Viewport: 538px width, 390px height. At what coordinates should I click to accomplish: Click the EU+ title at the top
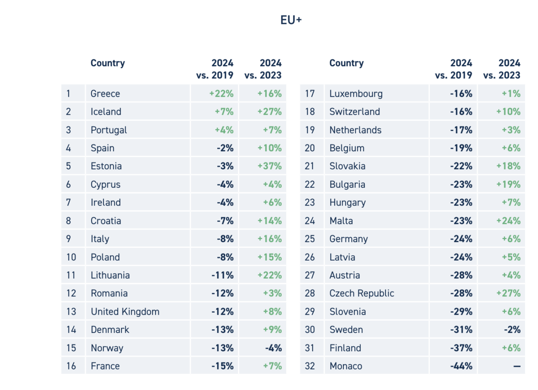[291, 20]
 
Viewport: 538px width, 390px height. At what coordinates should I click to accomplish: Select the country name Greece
[105, 93]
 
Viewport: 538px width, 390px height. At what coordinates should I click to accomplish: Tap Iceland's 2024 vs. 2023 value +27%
[269, 112]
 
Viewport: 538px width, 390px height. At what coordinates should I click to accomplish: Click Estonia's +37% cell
[269, 166]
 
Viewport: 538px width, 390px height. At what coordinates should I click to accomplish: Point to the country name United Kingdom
[125, 311]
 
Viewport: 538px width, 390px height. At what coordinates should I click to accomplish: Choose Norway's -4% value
[273, 348]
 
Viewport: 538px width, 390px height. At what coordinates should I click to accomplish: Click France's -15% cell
[222, 366]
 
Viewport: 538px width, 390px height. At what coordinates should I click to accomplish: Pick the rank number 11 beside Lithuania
[71, 275]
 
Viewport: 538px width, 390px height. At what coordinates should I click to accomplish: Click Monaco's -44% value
[461, 366]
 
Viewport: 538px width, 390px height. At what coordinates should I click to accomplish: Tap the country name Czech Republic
[361, 293]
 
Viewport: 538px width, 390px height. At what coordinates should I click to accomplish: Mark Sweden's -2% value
[512, 329]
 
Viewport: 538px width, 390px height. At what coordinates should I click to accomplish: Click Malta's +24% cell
[508, 221]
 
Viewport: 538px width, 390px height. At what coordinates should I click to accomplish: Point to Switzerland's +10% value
[508, 112]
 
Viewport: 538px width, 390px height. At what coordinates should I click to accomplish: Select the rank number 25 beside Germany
[310, 239]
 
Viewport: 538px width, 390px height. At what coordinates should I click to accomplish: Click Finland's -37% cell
[461, 348]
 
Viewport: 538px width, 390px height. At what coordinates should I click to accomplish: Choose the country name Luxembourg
[356, 93]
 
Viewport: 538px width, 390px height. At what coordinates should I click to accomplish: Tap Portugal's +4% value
[224, 130]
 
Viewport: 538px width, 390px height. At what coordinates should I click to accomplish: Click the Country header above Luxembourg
[346, 63]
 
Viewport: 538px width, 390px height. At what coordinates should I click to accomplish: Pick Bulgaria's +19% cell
[508, 184]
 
